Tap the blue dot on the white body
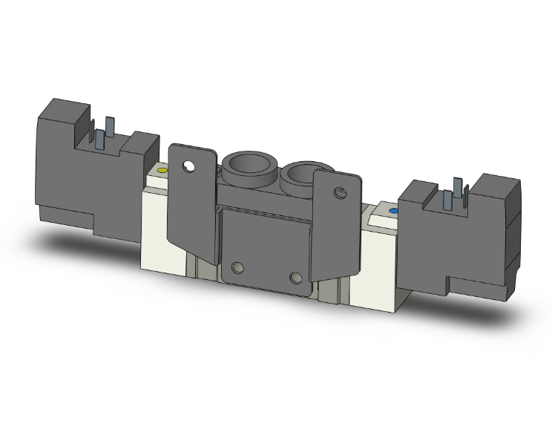click(x=392, y=211)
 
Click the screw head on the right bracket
click(x=341, y=194)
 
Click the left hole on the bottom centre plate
click(x=237, y=268)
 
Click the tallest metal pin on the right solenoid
click(x=458, y=188)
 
